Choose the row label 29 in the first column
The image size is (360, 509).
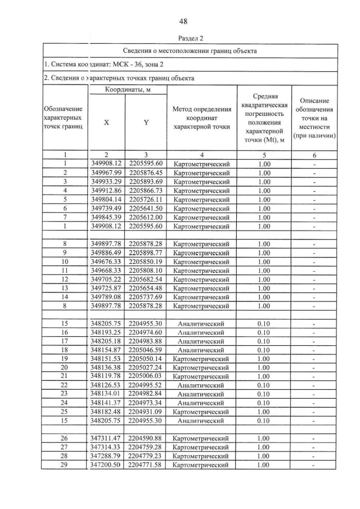tap(65, 465)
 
